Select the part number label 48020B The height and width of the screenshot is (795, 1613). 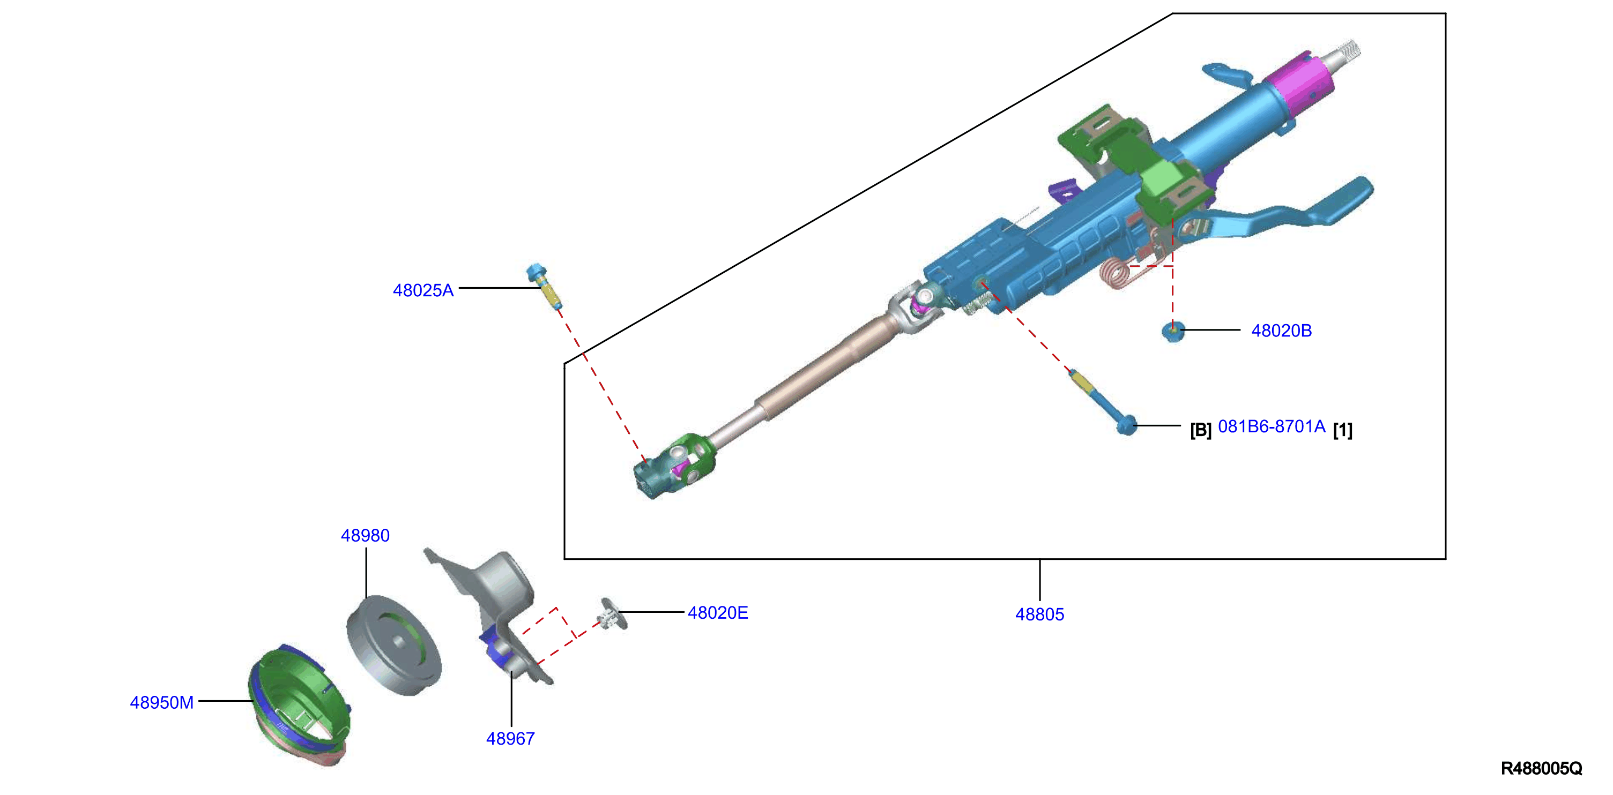[1281, 331]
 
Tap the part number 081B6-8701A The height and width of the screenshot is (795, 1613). [1272, 427]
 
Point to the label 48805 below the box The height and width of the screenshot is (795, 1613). [1039, 614]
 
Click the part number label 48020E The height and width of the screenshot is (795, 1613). [718, 612]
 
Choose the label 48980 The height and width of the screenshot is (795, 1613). [365, 535]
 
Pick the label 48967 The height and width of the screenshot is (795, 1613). [510, 739]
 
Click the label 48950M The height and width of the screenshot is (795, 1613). [161, 702]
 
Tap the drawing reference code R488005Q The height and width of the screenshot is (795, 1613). [1541, 768]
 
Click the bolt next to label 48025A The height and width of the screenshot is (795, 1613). [544, 286]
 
